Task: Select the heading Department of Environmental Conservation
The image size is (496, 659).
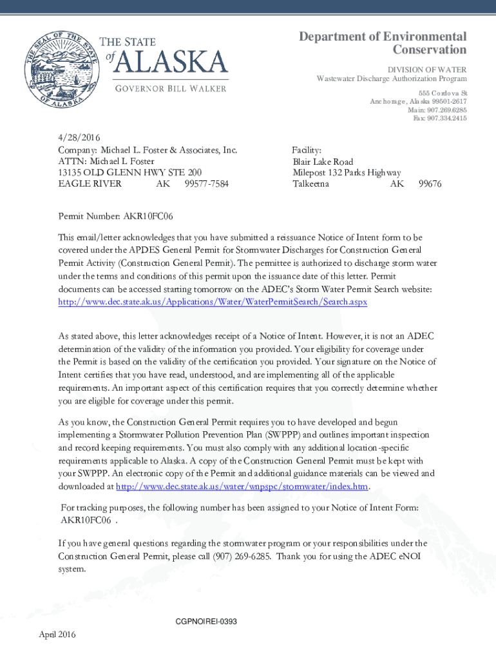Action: coord(383,43)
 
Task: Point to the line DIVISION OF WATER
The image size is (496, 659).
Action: coord(426,69)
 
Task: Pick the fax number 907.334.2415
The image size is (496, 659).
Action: coord(446,118)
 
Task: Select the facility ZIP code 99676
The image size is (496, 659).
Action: coord(430,184)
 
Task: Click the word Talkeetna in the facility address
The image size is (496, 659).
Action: coord(311,184)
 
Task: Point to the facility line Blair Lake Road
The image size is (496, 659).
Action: coord(323,162)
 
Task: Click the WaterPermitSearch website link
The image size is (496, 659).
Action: coord(213,301)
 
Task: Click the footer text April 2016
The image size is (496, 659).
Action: coord(57,635)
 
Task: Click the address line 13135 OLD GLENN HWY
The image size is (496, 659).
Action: coord(130,172)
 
